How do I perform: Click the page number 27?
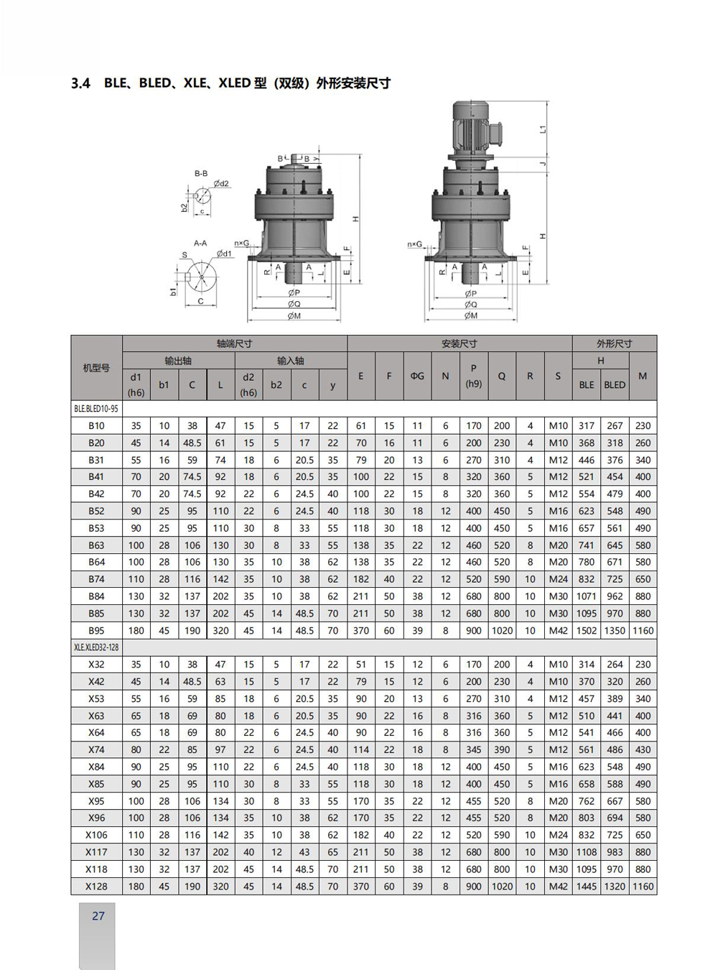point(98,916)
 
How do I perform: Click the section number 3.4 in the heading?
point(80,83)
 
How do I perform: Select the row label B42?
point(96,494)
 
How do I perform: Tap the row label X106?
point(96,835)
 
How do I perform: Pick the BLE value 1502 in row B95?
point(587,631)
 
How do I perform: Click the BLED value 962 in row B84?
point(615,596)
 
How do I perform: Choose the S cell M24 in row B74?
point(558,579)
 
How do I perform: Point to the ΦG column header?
point(417,376)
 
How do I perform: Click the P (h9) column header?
point(473,376)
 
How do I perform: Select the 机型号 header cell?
point(96,368)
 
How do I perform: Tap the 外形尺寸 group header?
point(614,344)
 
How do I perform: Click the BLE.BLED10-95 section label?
point(96,409)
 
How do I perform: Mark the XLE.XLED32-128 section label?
point(96,647)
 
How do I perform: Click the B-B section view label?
point(201,174)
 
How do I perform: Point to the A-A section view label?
point(200,244)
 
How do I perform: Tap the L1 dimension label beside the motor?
point(543,129)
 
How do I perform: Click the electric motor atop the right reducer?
point(472,129)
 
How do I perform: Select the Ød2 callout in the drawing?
point(221,184)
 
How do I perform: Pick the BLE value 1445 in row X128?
point(587,887)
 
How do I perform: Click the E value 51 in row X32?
point(360,665)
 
